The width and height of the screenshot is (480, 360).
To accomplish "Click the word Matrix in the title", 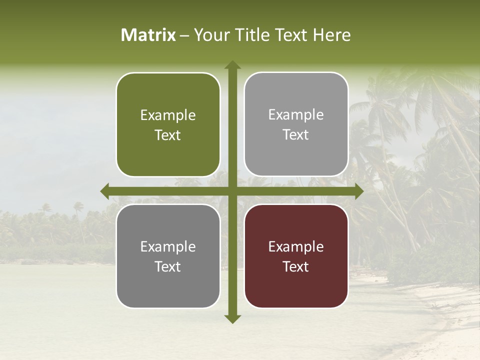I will point(148,35).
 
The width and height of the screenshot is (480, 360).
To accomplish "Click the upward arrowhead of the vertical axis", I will point(232,65).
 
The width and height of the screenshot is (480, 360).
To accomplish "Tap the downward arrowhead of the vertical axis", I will point(232,318).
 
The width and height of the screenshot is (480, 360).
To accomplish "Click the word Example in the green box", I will point(168,115).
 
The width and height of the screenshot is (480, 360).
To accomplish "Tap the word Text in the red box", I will point(296,266).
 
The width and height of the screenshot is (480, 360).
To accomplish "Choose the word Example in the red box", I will point(296,246).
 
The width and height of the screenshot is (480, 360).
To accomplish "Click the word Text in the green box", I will point(168,135).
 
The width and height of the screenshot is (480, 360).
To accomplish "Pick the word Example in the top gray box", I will point(296,115).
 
